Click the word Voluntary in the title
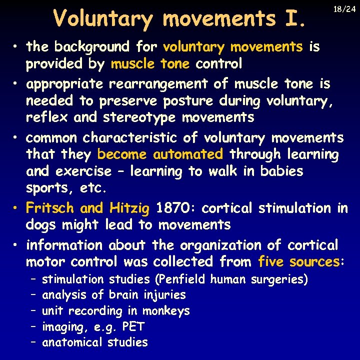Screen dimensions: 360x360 point(103,19)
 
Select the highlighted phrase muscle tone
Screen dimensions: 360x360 point(150,64)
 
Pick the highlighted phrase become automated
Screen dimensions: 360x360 point(160,154)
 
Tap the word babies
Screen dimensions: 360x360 point(281,171)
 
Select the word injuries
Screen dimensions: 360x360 point(164,295)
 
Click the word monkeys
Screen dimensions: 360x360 point(167,311)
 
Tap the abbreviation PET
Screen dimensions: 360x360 point(133,327)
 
